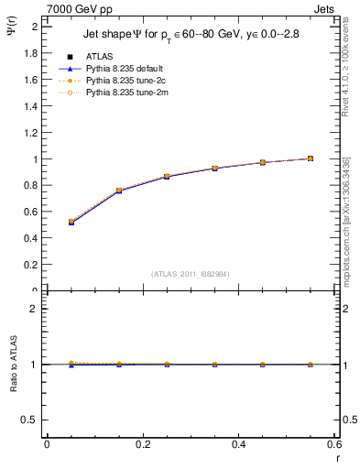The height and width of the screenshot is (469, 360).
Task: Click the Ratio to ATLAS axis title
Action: (14, 365)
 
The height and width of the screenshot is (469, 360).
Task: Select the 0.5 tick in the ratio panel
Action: (32, 420)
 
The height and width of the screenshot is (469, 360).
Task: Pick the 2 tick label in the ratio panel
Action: (35, 309)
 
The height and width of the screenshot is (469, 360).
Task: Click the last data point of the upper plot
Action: (311, 158)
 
